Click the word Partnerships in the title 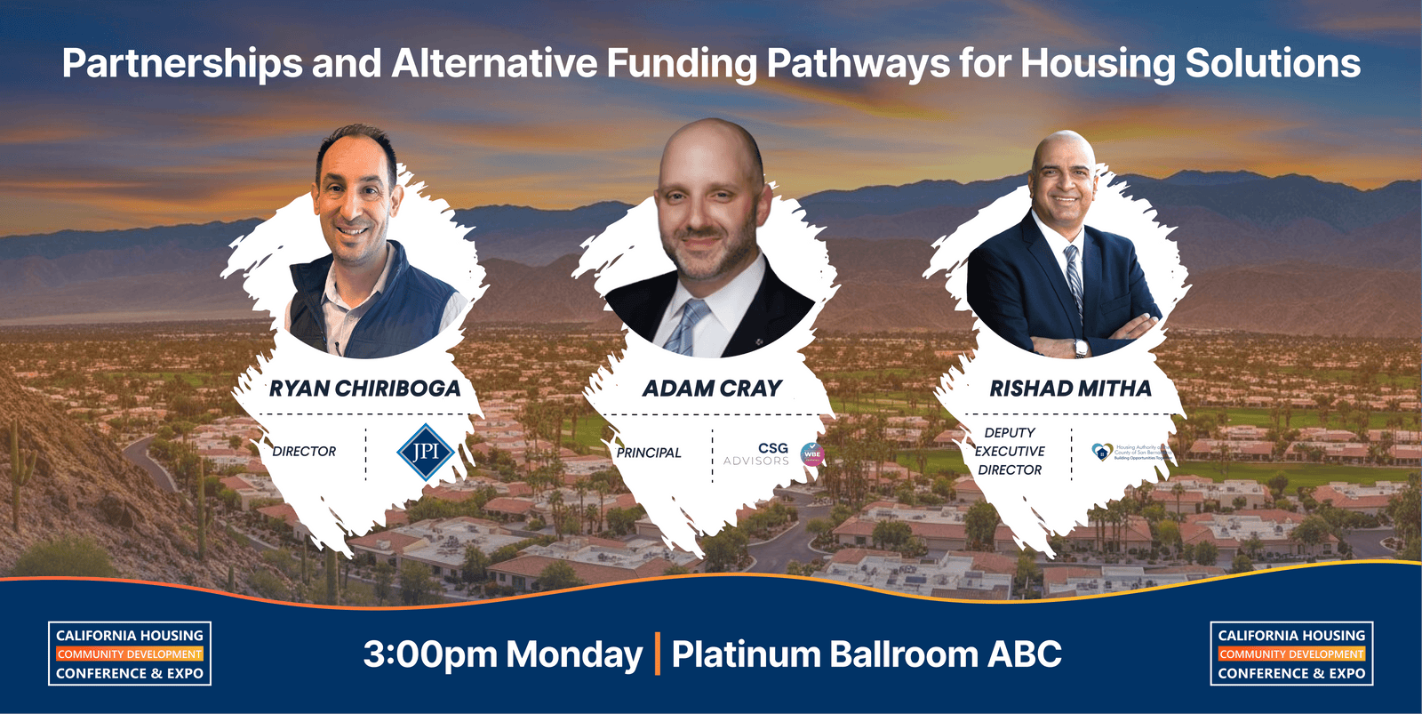click(x=182, y=64)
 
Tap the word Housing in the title click(x=1098, y=64)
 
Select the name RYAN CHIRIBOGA click(x=365, y=389)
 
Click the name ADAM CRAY click(x=712, y=389)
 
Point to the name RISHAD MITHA click(x=1070, y=389)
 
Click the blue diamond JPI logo click(x=426, y=452)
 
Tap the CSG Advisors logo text click(x=757, y=454)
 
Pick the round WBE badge click(x=812, y=454)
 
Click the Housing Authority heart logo click(x=1102, y=452)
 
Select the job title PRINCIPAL click(x=649, y=453)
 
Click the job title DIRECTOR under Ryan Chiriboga click(x=304, y=452)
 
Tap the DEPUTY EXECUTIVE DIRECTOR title click(x=1010, y=451)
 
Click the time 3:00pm click(x=430, y=654)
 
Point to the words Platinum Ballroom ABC click(x=867, y=654)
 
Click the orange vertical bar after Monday click(x=658, y=654)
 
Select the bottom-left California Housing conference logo click(x=130, y=654)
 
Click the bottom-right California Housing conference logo click(x=1291, y=654)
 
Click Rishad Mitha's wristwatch click(x=1081, y=348)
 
